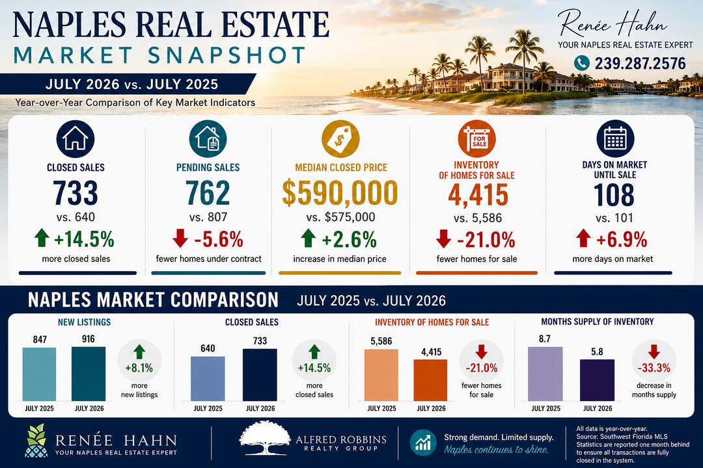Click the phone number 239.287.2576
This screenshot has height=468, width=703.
(641, 63)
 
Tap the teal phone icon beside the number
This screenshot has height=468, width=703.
(581, 63)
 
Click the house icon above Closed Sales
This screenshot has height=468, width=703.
(76, 139)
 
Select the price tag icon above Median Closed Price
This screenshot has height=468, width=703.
(340, 139)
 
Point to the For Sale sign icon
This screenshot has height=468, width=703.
(476, 139)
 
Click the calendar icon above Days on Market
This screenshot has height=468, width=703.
(615, 139)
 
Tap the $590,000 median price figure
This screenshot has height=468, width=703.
(340, 193)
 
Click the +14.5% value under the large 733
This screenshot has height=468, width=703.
(84, 239)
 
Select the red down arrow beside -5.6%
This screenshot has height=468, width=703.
(180, 239)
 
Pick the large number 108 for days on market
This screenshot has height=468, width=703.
(614, 195)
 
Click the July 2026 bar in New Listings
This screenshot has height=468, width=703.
(89, 374)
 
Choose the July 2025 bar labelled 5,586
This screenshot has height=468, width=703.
(381, 375)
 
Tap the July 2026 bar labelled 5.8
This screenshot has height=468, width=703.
(597, 380)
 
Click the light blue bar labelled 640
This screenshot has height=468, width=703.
(208, 379)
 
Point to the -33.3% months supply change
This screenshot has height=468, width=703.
(654, 368)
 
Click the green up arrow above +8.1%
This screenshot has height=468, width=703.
(139, 352)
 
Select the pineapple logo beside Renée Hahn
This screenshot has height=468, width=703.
(35, 441)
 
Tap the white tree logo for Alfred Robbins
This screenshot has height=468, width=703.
(266, 438)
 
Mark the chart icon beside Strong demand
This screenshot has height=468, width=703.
(423, 443)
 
